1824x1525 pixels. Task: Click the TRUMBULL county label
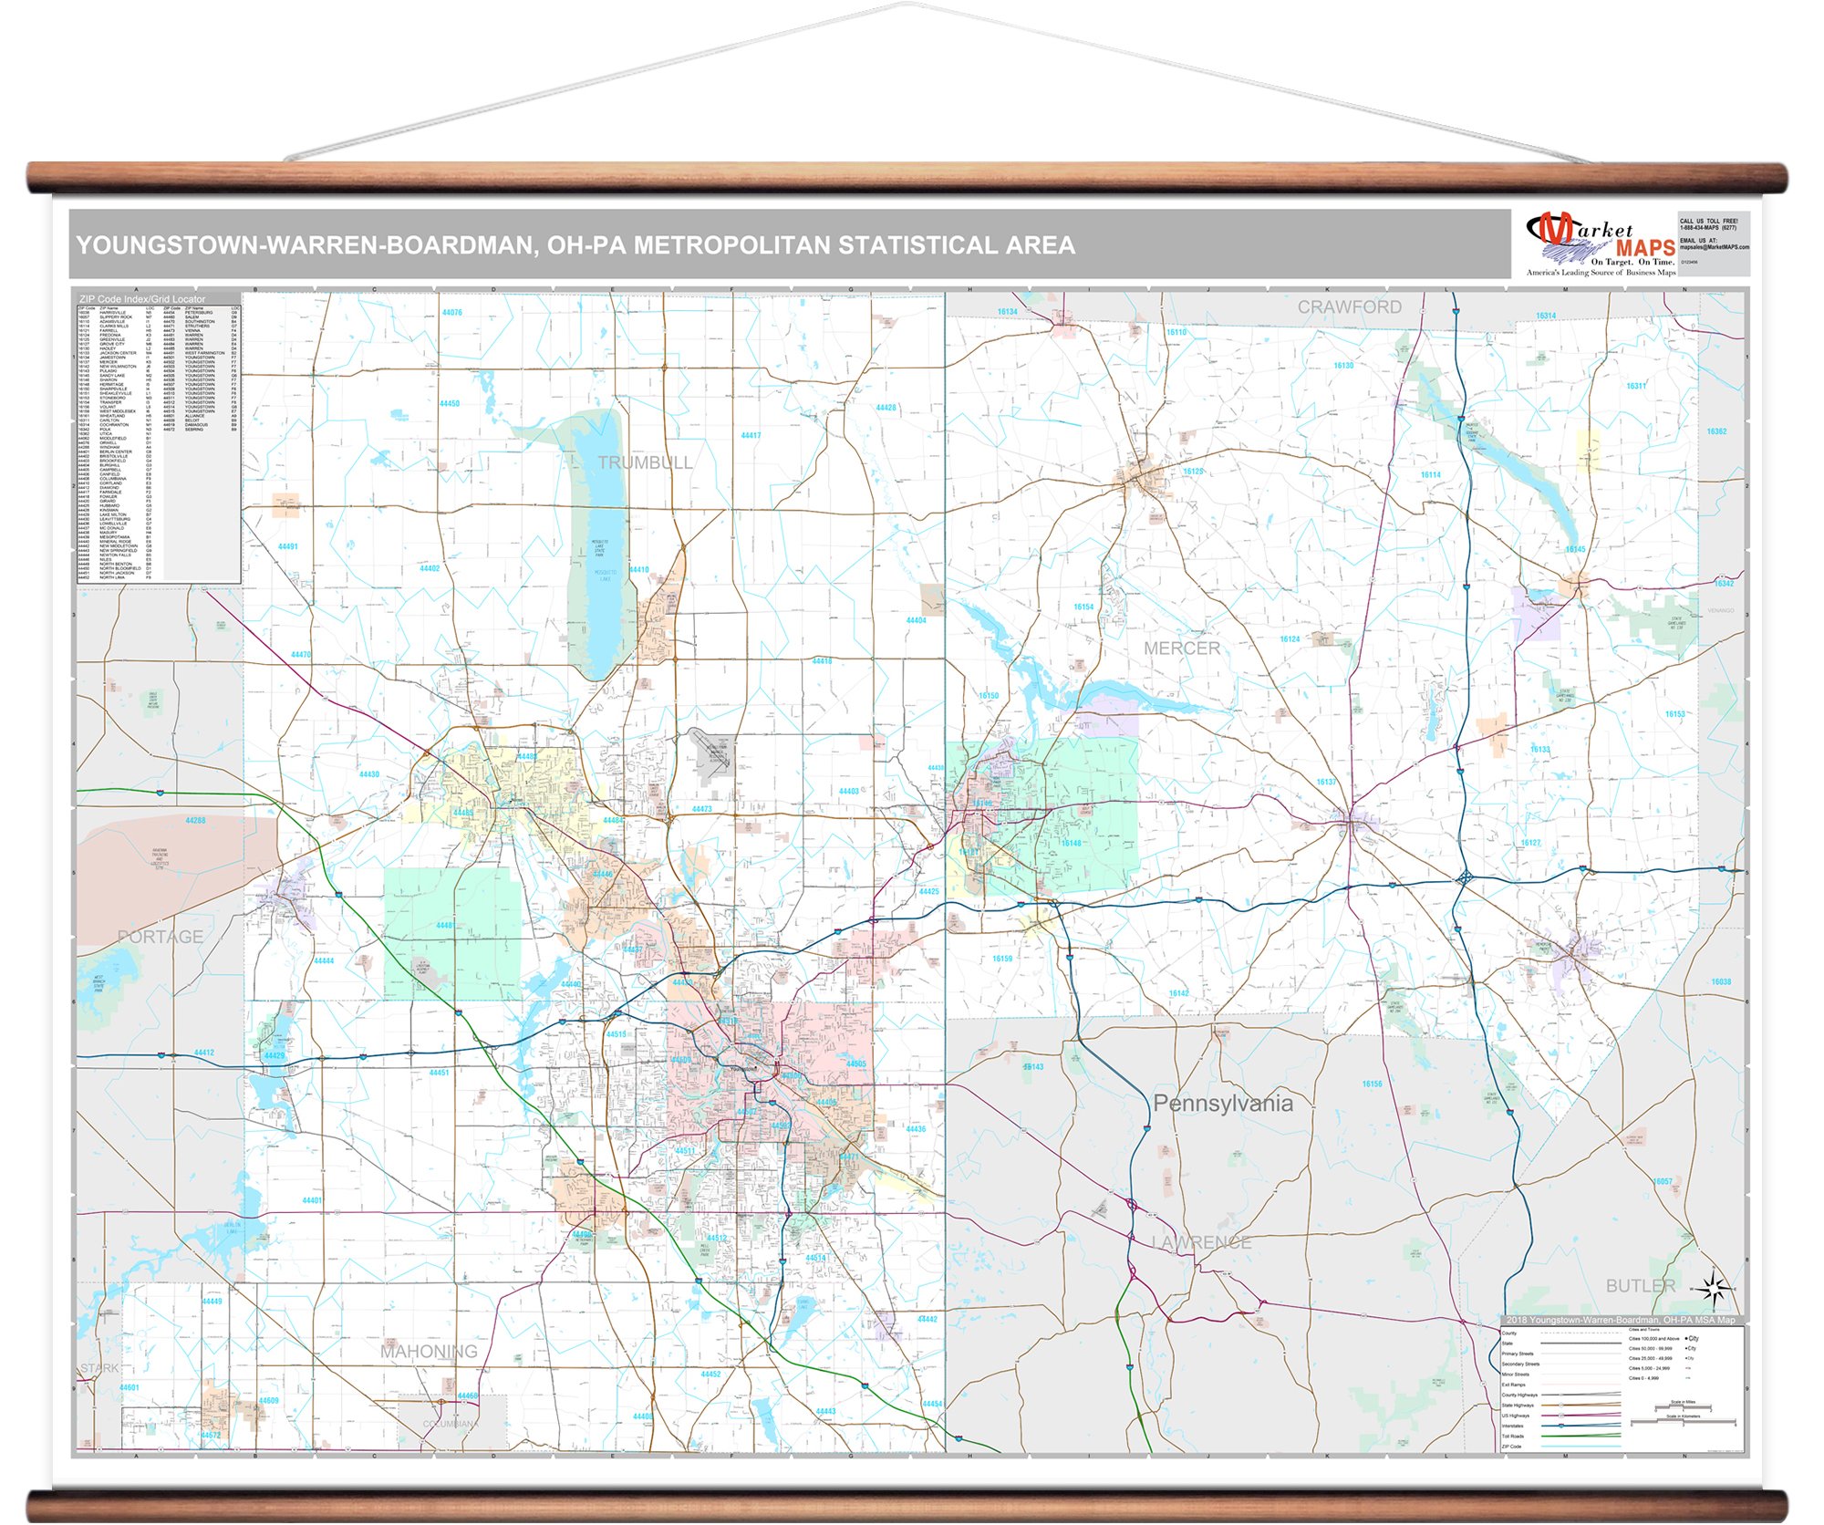point(645,463)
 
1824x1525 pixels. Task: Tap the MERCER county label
point(1181,648)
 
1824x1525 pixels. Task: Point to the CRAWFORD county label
point(1349,307)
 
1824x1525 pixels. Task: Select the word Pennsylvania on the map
point(1222,1104)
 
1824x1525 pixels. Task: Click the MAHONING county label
point(429,1352)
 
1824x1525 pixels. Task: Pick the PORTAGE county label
point(161,937)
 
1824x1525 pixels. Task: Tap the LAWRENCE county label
point(1200,1243)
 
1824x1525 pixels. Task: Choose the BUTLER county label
point(1640,1286)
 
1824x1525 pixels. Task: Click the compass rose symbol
point(1714,1289)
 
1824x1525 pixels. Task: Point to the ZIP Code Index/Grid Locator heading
point(142,299)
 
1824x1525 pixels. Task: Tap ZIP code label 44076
point(451,313)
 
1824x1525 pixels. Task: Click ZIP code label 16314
point(1545,316)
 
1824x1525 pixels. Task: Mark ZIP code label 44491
point(287,547)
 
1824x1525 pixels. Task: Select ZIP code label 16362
point(1716,432)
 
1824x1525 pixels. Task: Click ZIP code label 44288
point(195,821)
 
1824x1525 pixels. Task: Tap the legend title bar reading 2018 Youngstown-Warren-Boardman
point(1621,1321)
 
